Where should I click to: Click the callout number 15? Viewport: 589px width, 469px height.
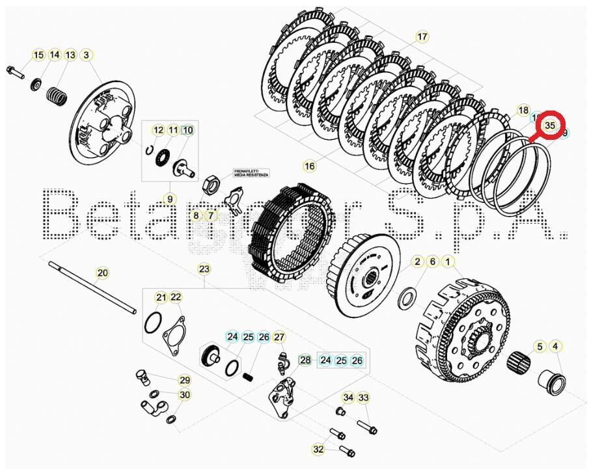click(38, 55)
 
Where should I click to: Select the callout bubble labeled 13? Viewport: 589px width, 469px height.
click(70, 55)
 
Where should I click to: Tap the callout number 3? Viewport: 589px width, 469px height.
click(86, 55)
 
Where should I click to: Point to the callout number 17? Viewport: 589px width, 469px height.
click(422, 37)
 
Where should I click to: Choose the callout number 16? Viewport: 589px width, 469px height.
click(309, 167)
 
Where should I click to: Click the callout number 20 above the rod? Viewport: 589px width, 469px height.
click(102, 273)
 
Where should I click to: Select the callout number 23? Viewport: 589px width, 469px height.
click(204, 269)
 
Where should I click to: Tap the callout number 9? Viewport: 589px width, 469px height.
click(169, 199)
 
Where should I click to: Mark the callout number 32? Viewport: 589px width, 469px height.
click(318, 449)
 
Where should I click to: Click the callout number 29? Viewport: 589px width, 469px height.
click(185, 381)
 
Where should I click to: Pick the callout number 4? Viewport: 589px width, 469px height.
click(555, 346)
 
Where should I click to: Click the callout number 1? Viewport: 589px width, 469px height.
click(448, 261)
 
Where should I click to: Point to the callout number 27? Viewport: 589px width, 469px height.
click(279, 337)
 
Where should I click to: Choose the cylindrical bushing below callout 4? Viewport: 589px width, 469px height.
click(554, 382)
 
